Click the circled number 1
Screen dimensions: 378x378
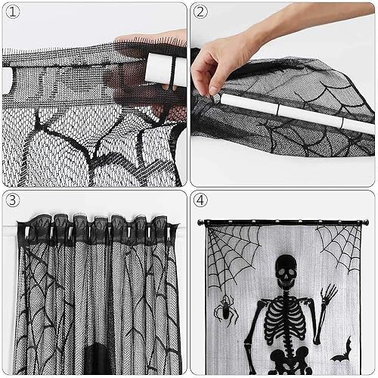[13, 12]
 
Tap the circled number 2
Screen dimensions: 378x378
[200, 11]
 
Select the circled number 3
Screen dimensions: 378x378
[13, 200]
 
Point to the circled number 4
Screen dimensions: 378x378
[200, 200]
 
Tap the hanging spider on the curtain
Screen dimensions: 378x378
[226, 309]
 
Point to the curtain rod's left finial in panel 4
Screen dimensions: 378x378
[201, 222]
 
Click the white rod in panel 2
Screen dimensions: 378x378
[297, 112]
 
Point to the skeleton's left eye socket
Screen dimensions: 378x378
[280, 272]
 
